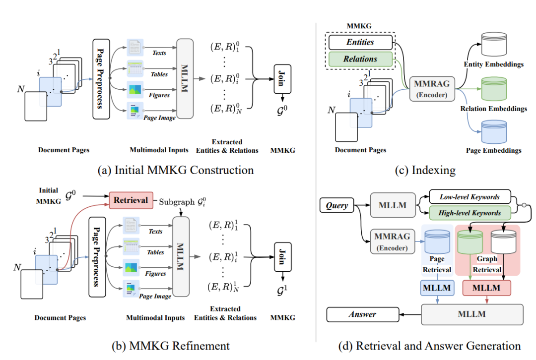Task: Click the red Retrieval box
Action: [131, 200]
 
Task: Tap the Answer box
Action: [362, 314]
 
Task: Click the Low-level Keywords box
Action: [469, 197]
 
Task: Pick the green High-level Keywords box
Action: [469, 213]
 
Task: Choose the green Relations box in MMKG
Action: [360, 59]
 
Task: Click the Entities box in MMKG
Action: [360, 42]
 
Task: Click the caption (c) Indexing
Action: [425, 170]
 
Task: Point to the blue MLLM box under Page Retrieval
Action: [437, 287]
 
